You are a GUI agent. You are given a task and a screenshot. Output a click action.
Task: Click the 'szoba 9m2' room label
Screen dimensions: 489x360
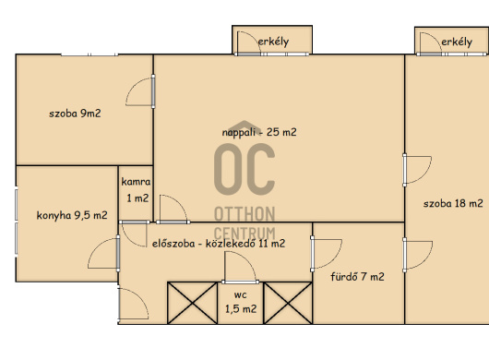75,114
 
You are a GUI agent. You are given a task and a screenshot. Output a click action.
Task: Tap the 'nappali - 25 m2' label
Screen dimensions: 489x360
259,132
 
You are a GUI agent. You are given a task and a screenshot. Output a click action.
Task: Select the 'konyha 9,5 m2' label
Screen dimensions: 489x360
72,215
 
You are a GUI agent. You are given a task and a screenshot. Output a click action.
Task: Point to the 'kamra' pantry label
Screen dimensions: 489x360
136,182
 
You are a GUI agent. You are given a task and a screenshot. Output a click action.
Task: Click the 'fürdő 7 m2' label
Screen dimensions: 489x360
357,277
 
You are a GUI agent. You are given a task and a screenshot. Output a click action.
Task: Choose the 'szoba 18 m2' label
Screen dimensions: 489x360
453,203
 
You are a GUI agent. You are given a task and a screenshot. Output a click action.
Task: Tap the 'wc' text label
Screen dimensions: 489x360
241,295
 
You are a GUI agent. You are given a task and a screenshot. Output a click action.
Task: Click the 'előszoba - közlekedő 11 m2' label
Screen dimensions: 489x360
219,244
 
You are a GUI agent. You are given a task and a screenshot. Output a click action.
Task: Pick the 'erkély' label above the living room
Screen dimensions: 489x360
273,42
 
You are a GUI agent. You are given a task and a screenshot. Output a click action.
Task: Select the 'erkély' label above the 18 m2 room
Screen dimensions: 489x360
457,42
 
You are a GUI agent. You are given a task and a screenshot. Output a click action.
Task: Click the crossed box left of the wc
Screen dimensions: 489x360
193,303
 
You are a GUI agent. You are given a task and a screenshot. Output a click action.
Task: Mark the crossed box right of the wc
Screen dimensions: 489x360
288,303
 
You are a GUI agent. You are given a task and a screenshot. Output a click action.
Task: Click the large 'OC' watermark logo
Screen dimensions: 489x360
244,169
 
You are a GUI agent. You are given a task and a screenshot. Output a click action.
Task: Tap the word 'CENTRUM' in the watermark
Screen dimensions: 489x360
244,234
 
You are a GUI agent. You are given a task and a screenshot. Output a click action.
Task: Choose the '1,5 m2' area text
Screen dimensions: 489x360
241,309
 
